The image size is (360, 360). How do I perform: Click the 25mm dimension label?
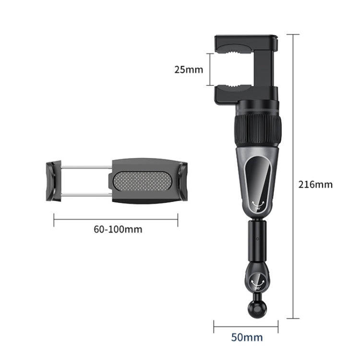coord(189,69)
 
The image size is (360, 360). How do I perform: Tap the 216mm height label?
coord(315,184)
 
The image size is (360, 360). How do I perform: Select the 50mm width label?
coord(247,337)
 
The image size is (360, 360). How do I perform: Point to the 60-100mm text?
coord(118,229)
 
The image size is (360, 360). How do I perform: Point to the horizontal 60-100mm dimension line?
coord(116,220)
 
